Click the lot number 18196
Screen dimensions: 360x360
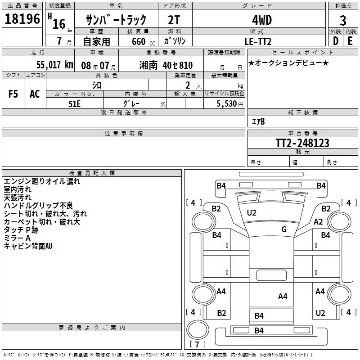point(22,20)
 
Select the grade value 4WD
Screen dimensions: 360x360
point(258,21)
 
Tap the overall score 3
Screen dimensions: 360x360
point(343,21)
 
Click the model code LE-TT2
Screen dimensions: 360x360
point(258,41)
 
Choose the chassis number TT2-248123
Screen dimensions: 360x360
point(302,143)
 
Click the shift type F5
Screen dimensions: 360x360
point(13,94)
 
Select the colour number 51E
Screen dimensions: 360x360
point(74,103)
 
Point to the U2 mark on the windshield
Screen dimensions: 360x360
point(252,212)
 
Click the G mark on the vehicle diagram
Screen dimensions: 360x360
point(284,229)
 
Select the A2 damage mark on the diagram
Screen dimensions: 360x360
point(319,221)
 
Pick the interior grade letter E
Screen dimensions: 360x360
point(350,41)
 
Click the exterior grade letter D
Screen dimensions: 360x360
point(335,41)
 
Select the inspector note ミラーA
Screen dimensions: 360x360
point(17,238)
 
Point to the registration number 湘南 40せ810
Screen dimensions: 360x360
point(166,65)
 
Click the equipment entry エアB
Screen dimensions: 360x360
point(258,121)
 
